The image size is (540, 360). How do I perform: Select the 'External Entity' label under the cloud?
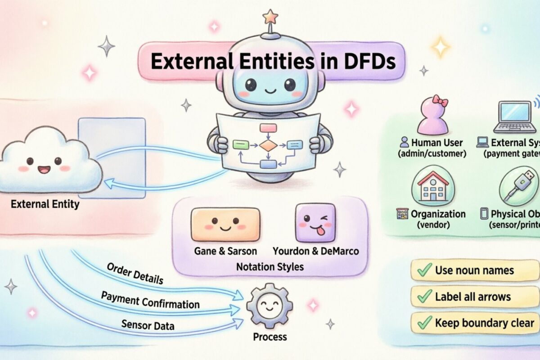45,204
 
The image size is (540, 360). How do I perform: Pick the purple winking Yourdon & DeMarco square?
315,223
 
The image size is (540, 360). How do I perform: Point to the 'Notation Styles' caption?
270,267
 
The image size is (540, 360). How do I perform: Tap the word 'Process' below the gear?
270,337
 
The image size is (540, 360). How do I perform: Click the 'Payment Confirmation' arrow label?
150,300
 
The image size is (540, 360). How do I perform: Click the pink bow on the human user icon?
440,101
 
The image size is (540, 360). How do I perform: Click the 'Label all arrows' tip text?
472,297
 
